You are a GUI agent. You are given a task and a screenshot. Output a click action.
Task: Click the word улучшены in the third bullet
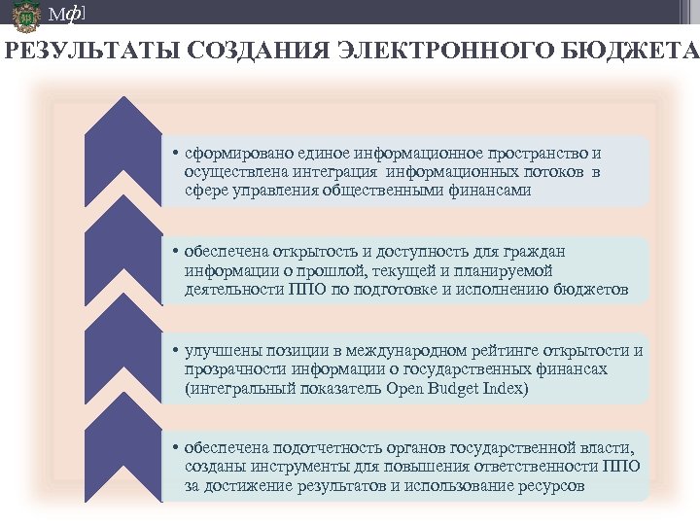[x=215, y=351]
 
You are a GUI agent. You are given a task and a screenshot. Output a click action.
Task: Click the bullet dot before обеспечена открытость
[x=168, y=253]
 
